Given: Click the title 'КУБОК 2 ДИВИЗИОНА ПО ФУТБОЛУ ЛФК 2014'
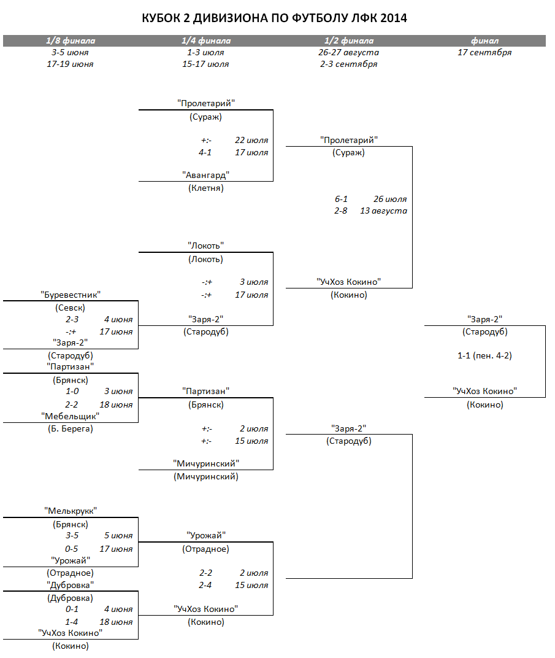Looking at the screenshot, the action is coord(274,18).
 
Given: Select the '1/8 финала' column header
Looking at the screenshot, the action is coord(71,41).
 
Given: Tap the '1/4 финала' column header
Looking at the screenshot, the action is coord(206,41).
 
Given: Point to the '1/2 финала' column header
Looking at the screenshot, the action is coord(349,41).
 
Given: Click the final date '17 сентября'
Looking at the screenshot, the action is coord(484,52).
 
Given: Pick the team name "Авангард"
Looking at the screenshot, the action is coord(206,175).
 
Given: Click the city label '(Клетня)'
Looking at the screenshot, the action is coord(206,188).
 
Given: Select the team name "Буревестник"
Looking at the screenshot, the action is coord(71,295).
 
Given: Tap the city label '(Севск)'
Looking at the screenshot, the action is coord(70,308).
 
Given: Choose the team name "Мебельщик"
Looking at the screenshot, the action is coord(71,416).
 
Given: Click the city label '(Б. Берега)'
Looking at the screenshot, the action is coord(71,428).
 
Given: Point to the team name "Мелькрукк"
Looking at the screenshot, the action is coord(71,511).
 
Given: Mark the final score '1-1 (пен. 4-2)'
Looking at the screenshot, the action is coord(484,355).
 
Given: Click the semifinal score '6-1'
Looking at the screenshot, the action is coord(341,199).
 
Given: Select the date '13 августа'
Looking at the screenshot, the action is coord(383,211).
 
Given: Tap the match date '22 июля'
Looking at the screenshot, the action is coord(251,140).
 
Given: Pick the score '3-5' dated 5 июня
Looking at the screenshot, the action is coord(72,535).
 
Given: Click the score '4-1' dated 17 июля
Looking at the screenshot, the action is coord(205,152).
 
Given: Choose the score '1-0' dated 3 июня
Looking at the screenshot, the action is coord(72,391).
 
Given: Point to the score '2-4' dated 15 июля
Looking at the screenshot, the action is coord(205,585).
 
